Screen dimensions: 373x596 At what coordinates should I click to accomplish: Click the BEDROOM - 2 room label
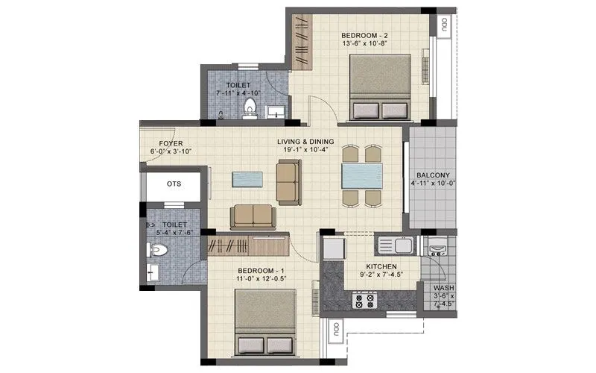click(364, 36)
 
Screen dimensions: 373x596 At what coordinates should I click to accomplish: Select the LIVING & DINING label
click(305, 142)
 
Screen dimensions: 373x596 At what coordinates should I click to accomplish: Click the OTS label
click(174, 184)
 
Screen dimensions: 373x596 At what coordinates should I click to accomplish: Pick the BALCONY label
click(431, 172)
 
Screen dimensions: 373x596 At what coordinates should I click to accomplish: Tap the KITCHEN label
click(381, 267)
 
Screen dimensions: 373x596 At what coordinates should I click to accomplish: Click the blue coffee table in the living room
click(247, 180)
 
